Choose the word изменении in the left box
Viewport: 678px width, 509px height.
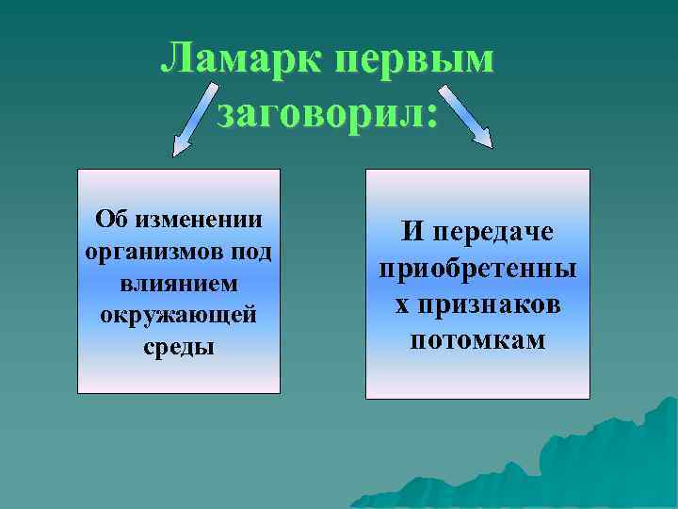200,220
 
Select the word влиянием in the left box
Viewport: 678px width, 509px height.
179,283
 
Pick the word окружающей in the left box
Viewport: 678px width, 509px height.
179,314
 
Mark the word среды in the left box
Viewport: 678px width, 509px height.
179,346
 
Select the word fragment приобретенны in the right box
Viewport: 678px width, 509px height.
478,270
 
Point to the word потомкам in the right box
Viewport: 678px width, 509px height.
478,340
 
